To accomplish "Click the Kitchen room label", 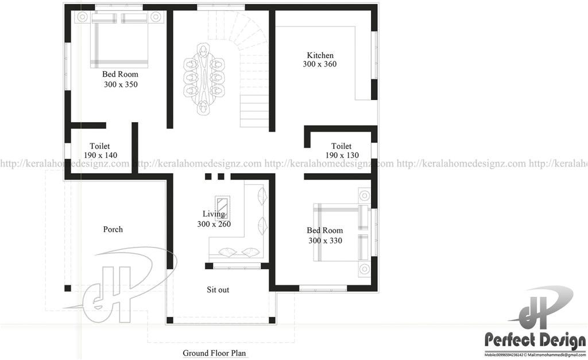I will [320, 55].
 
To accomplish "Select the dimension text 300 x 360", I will [320, 64].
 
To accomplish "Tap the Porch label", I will [113, 230].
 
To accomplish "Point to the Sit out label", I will [218, 290].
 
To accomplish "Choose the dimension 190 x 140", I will [100, 156].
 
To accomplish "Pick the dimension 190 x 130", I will [342, 156].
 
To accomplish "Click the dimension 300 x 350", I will [121, 84].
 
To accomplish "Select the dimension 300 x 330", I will [325, 241].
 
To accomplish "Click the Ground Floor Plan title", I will [215, 353].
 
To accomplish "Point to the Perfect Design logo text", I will [531, 340].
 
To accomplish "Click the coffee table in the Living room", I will [222, 205].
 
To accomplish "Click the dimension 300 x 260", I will [214, 224].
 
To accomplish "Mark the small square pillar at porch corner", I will [68, 288].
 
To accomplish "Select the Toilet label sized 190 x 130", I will [342, 146].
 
